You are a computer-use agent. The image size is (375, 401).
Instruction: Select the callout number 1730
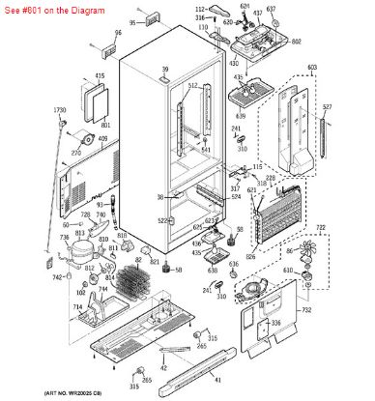click(59, 111)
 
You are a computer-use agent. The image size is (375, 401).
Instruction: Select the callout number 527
click(327, 107)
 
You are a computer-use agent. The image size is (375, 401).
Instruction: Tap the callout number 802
click(296, 42)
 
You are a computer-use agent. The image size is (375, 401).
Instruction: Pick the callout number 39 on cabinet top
click(165, 70)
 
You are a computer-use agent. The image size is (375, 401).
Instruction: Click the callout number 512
click(192, 86)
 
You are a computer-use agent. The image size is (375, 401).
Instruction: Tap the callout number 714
click(72, 306)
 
